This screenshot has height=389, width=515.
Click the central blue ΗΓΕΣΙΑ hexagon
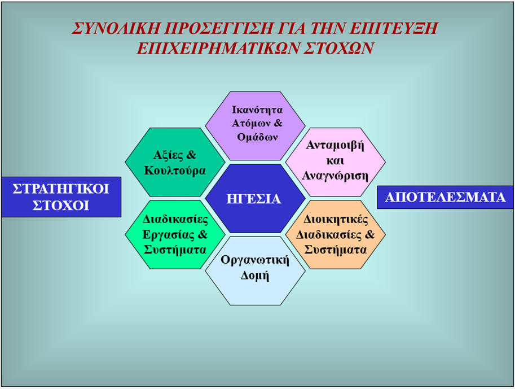pos(255,198)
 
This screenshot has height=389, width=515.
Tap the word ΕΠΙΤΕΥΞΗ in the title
pos(394,28)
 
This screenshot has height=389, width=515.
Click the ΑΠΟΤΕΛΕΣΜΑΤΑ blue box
pos(445,197)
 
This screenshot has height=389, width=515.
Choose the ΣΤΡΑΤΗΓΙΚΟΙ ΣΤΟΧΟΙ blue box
pos(61,197)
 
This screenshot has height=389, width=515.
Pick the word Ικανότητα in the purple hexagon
pos(257,110)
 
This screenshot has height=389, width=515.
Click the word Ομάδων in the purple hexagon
pos(257,137)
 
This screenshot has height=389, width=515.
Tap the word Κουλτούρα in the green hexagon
pos(175,171)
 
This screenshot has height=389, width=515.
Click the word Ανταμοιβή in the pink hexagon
pos(335,145)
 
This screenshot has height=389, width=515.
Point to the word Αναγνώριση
pos(335,176)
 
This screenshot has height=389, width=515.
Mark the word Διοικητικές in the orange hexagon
pos(335,219)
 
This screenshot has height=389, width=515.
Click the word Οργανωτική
pos(255,260)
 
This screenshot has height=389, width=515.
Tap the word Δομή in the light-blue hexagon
pos(255,275)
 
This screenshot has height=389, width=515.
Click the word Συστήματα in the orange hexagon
pos(335,250)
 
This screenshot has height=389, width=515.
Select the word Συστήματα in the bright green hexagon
pos(175,250)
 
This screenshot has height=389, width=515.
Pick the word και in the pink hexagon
pos(335,161)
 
